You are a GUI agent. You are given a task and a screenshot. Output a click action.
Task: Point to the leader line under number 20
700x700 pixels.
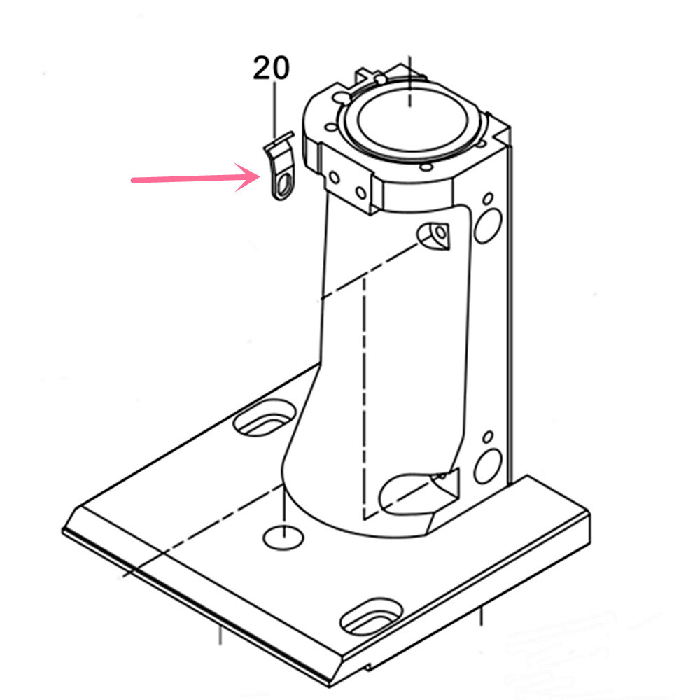tap(274, 106)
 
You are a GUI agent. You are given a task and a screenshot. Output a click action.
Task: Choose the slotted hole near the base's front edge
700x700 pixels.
tap(371, 615)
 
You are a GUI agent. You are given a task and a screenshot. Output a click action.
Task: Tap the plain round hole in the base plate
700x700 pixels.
tap(283, 538)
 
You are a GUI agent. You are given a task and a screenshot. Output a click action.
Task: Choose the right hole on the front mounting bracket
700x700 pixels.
tap(361, 191)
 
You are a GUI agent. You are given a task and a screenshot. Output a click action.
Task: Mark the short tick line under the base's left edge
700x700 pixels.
tap(220, 636)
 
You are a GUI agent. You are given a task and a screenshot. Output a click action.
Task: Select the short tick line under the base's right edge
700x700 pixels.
tap(480, 618)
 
